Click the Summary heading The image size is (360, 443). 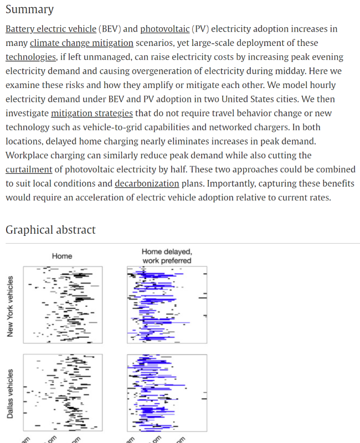click(x=29, y=9)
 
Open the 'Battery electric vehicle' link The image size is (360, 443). click(x=51, y=29)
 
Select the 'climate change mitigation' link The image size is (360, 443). click(x=81, y=43)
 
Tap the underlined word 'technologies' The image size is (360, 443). click(x=31, y=57)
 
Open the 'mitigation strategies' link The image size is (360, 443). click(x=92, y=114)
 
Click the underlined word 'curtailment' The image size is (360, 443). click(x=29, y=169)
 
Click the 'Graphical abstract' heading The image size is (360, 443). click(x=50, y=230)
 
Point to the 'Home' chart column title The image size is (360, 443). click(x=62, y=256)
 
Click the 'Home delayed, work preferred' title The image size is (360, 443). click(x=167, y=256)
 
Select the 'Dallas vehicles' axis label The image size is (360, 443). click(x=10, y=394)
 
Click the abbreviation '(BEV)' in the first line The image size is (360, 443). click(x=114, y=29)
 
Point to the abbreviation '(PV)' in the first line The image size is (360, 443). click(x=200, y=29)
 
